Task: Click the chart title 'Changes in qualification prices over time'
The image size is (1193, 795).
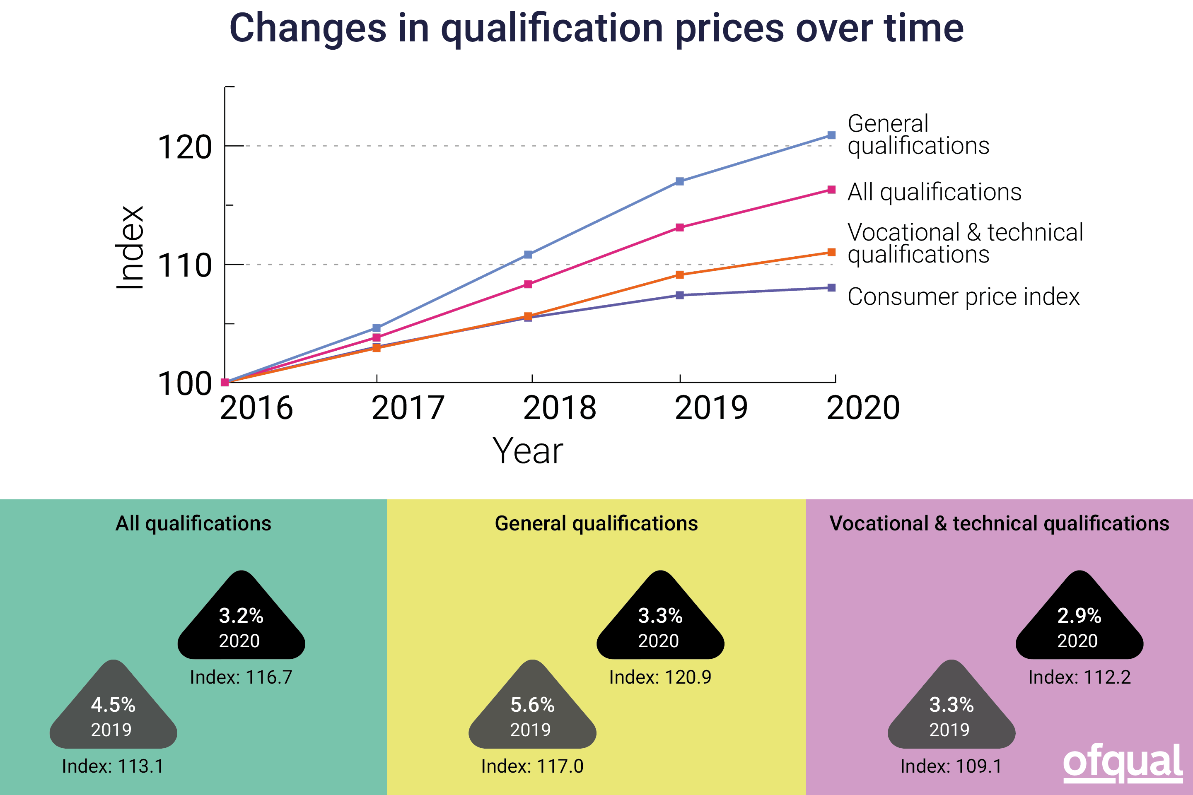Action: tap(596, 29)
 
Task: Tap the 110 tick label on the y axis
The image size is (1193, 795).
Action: tap(185, 266)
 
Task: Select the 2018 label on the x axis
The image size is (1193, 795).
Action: tap(560, 408)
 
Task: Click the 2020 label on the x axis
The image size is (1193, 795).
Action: tap(863, 408)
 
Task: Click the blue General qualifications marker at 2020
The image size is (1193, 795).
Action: tap(831, 135)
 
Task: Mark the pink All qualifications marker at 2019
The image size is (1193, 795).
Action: tap(680, 228)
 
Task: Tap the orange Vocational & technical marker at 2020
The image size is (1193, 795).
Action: tap(831, 252)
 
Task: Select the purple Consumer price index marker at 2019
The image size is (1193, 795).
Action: tap(680, 295)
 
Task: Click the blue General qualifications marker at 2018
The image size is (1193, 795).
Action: tap(528, 255)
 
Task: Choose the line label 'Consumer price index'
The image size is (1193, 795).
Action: tap(963, 296)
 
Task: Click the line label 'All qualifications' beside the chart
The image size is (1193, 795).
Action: tap(935, 192)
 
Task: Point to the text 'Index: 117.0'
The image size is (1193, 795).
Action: tap(532, 766)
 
